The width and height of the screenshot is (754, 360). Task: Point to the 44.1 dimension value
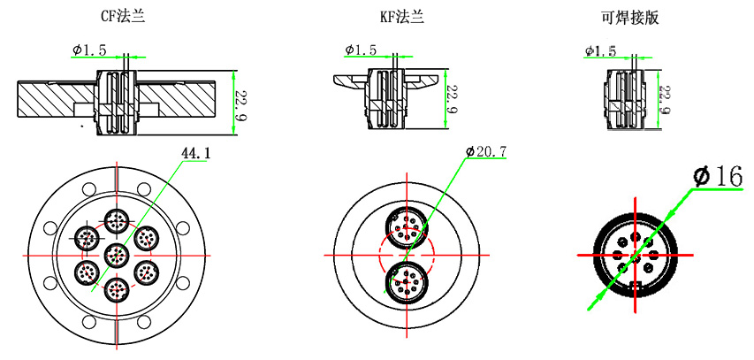(195, 153)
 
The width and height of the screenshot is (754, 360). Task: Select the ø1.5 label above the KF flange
(361, 50)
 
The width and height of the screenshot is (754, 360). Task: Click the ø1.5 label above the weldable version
(600, 51)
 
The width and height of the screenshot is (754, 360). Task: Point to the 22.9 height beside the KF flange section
(452, 100)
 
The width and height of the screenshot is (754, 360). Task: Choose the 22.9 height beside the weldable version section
(666, 100)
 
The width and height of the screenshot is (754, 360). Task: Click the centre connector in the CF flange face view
(117, 255)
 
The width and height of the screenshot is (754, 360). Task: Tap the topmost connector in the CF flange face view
(117, 221)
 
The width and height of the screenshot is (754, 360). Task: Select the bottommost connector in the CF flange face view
(117, 288)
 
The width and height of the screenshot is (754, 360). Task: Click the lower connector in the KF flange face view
(407, 284)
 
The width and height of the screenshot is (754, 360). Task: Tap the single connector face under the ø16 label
(632, 254)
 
